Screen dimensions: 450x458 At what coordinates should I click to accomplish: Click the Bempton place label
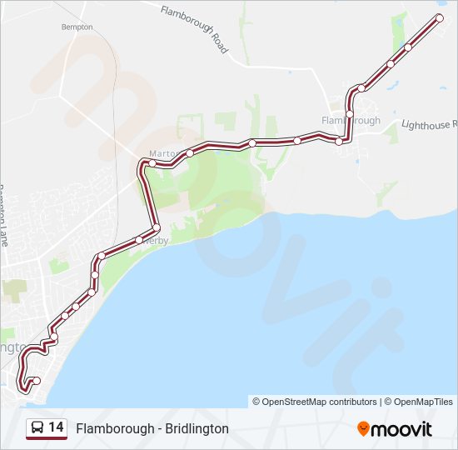click(x=77, y=27)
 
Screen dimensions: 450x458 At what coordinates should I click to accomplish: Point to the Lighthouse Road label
click(x=429, y=124)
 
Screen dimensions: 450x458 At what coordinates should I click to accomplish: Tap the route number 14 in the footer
click(x=57, y=427)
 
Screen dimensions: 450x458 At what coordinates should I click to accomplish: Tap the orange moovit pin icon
click(x=363, y=428)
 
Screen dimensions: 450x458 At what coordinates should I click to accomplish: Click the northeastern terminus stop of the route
click(x=440, y=17)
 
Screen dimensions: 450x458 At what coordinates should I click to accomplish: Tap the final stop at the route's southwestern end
click(x=36, y=381)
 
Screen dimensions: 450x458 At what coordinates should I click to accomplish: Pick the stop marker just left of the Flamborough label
click(x=339, y=142)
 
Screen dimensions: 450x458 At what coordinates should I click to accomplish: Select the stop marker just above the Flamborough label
click(x=350, y=113)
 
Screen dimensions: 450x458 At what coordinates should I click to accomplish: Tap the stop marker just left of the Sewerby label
click(x=139, y=240)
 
